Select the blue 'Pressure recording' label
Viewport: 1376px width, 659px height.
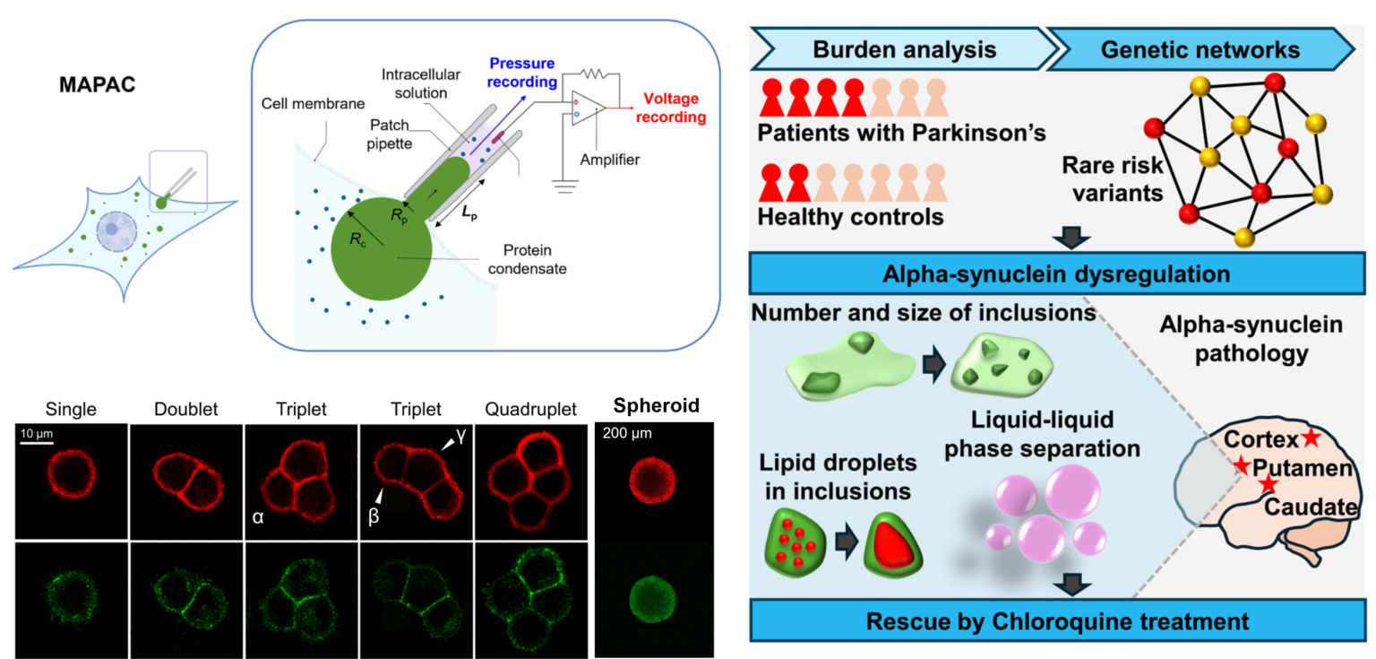click(x=522, y=73)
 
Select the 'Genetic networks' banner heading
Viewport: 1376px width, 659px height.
click(x=1200, y=48)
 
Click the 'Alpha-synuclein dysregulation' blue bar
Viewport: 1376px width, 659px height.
click(x=1057, y=273)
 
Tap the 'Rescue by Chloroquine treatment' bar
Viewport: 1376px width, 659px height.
click(x=1057, y=620)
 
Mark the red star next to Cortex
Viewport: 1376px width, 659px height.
click(x=1311, y=438)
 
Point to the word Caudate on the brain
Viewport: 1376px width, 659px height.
click(x=1311, y=507)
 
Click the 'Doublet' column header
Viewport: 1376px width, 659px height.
click(x=186, y=410)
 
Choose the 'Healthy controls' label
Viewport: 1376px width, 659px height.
click(x=850, y=216)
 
